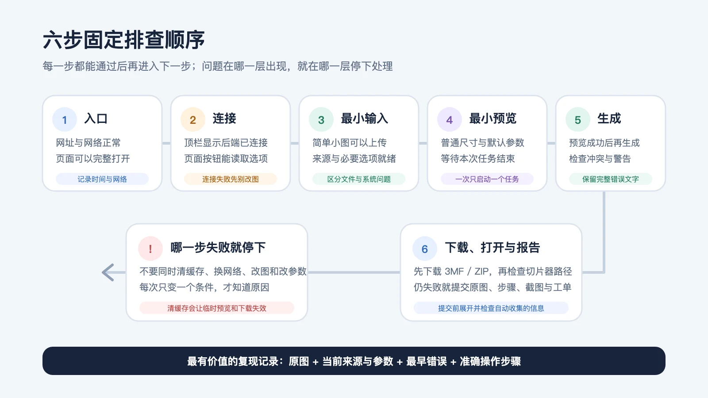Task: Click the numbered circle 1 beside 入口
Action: coord(65,119)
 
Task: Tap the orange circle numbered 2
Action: coord(193,119)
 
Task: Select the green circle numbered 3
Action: coord(321,119)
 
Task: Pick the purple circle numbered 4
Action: coord(450,119)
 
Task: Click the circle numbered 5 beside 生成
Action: coord(578,119)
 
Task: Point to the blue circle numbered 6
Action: coord(425,249)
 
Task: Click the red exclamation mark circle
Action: coord(150,249)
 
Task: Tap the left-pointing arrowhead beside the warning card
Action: coord(108,272)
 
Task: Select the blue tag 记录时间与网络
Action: coord(102,179)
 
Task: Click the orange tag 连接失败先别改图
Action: coord(231,179)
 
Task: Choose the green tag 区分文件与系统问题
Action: coord(359,179)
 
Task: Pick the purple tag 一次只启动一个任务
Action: coord(487,179)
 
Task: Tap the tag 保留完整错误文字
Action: coord(611,179)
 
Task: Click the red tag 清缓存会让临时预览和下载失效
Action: coord(217,308)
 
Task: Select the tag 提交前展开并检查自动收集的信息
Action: coord(491,308)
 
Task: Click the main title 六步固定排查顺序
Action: coord(124,40)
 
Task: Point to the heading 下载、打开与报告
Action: coord(493,248)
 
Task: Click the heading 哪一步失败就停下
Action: coord(218,248)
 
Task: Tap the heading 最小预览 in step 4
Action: coord(493,119)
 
